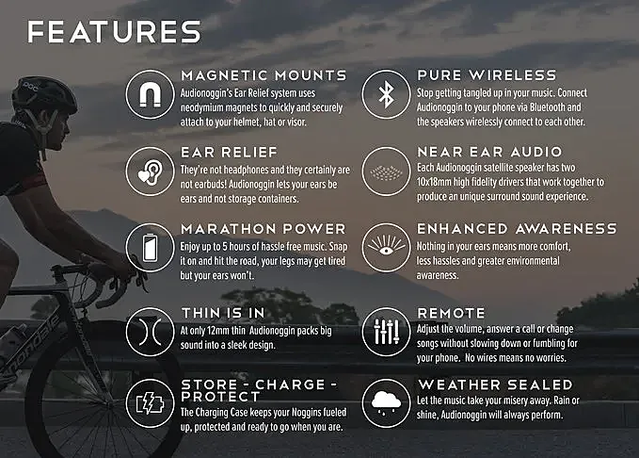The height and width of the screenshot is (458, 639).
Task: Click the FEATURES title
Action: click(114, 32)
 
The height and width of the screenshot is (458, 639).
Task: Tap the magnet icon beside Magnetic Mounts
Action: click(150, 94)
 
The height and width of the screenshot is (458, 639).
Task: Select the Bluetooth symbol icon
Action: click(386, 94)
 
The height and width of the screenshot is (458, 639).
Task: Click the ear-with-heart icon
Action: click(150, 172)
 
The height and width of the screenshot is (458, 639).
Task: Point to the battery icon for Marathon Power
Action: click(150, 247)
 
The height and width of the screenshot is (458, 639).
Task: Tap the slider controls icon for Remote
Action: click(386, 332)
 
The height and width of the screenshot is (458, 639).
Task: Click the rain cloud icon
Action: click(386, 403)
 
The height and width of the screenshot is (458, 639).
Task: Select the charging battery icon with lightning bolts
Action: click(150, 403)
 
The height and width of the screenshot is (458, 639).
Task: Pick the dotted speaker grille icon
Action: click(386, 172)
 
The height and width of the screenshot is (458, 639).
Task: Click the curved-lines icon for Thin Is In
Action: click(150, 332)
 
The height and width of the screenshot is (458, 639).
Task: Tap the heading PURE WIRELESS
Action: click(487, 75)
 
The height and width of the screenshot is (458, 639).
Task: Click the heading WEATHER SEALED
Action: click(496, 384)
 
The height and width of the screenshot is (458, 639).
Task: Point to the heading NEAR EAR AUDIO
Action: click(489, 152)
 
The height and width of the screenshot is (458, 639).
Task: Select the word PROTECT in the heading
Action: click(220, 397)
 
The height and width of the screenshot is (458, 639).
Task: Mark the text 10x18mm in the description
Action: click(434, 182)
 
